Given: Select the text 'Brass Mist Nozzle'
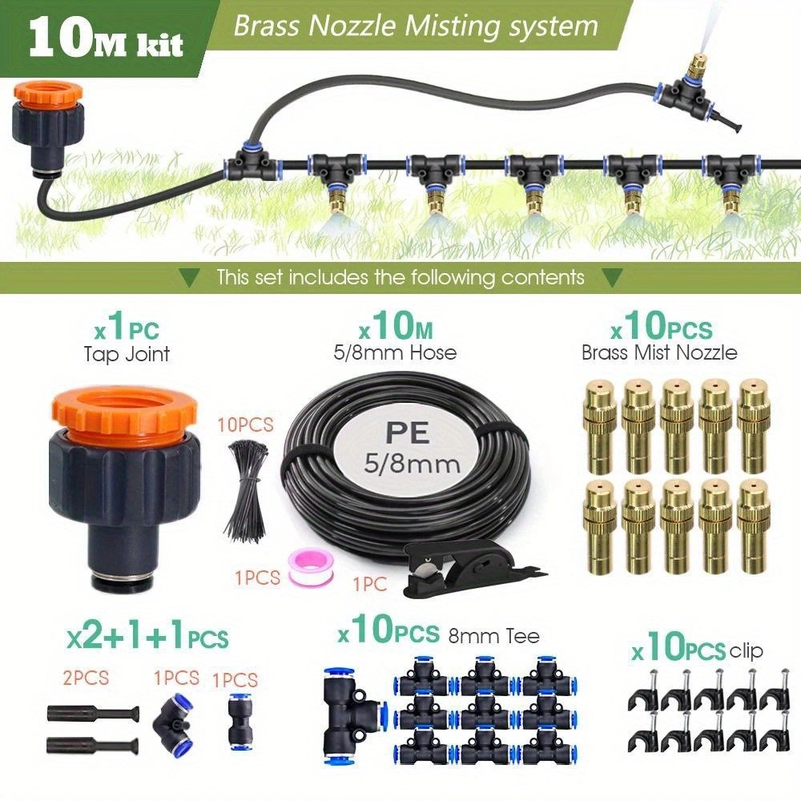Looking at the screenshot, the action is pos(659,352).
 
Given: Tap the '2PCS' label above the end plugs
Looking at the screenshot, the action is pos(86,678).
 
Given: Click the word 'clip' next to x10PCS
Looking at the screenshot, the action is pos(746,650).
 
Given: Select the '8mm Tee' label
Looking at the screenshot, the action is pos(493,636).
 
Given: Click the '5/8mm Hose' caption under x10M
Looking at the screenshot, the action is pos(395,352).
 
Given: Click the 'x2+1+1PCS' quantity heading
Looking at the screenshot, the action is pos(147,638).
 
